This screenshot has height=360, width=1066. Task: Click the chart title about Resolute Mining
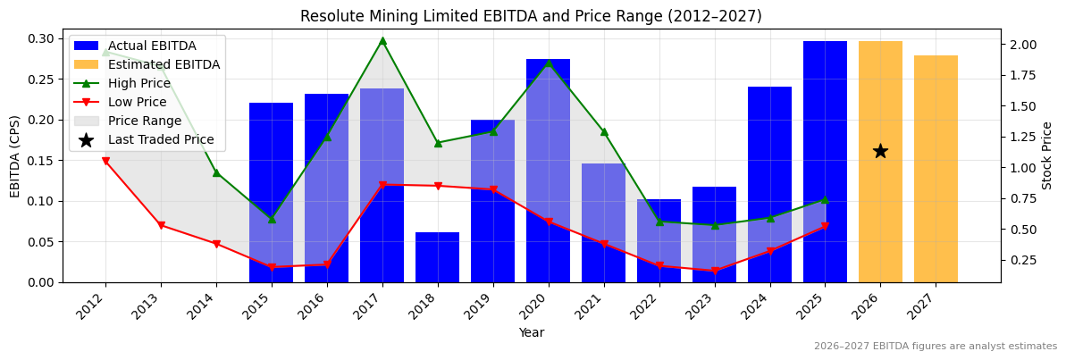click(531, 16)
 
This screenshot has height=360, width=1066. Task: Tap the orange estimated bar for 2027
click(936, 169)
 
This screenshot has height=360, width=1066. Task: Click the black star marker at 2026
click(880, 151)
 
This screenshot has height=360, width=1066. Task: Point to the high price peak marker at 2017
click(382, 40)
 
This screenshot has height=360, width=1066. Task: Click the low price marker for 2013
click(161, 225)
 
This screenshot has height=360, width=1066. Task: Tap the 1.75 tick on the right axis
click(1024, 75)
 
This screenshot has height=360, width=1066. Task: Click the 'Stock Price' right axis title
click(1047, 155)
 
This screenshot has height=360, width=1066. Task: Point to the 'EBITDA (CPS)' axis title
click(15, 155)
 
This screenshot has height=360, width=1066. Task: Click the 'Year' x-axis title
click(531, 333)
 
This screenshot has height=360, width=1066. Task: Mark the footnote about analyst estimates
click(935, 347)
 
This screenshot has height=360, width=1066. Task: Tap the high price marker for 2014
click(216, 172)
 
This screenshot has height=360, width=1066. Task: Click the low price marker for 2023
click(714, 271)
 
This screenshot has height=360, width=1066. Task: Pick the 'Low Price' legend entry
click(137, 102)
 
